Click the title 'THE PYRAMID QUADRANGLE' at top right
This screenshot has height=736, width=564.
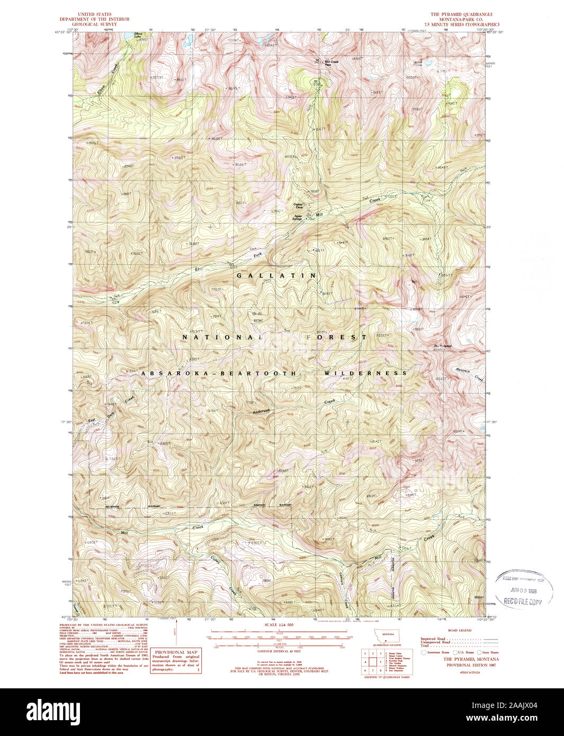tap(461, 14)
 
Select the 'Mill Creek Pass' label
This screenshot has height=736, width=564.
tap(331, 62)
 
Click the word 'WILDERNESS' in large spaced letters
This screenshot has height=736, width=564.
tap(365, 373)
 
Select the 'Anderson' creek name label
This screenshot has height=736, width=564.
tap(261, 411)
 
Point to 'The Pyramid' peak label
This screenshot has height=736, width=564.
tap(442, 347)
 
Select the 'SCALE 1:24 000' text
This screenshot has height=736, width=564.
tap(278, 625)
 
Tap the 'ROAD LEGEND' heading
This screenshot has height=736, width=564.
tap(459, 631)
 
